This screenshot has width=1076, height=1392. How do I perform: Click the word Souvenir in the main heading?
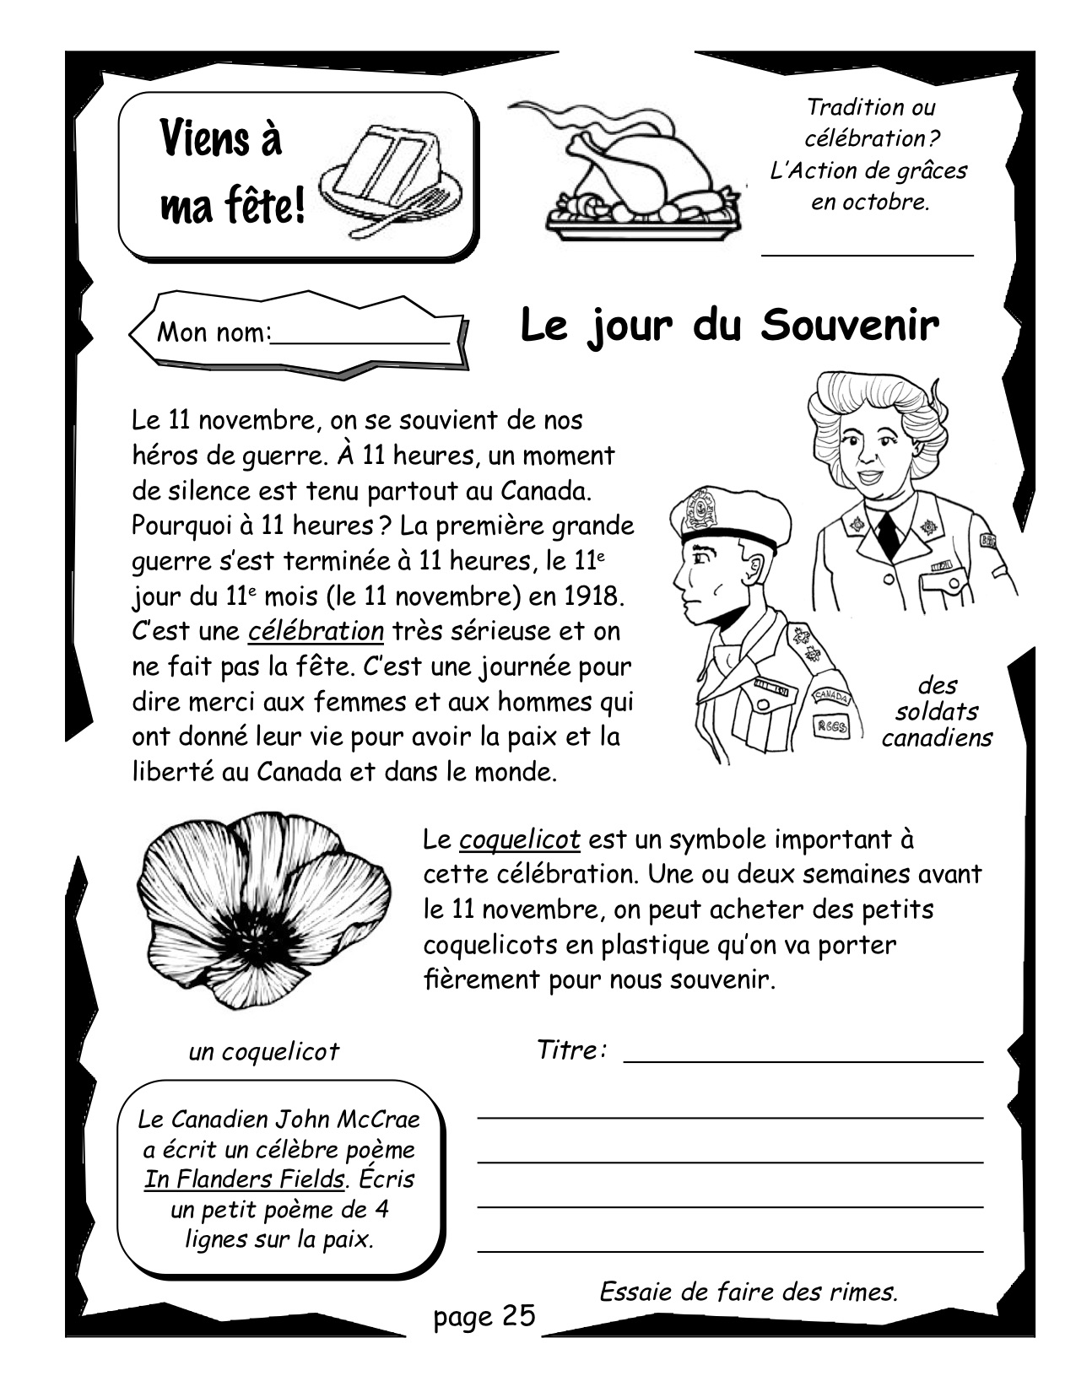coord(850,326)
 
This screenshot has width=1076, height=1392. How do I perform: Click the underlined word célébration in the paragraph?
coord(316,631)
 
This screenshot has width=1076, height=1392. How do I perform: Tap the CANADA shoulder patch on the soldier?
coord(832,696)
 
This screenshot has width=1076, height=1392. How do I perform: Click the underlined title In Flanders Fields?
coord(245,1179)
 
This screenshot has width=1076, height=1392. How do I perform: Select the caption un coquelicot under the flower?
coord(263,1051)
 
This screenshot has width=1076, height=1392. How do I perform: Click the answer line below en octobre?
coord(868,251)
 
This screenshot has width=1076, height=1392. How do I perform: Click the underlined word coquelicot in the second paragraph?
coord(520,839)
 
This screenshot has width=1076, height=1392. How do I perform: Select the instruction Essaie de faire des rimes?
coord(748,1291)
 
